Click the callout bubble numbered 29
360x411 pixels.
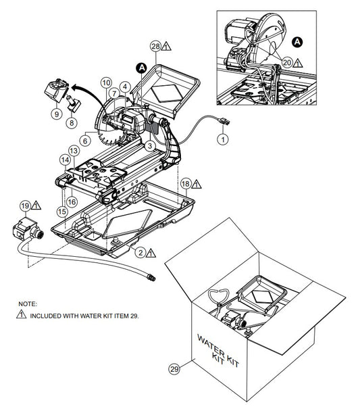coord(174,369)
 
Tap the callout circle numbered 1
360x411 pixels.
coord(223,139)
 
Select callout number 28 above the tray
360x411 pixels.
coord(156,47)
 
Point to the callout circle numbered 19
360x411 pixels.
coord(26,205)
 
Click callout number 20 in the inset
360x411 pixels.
coord(287,62)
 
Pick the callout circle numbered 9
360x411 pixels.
coord(57,114)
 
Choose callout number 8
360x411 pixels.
coord(72,122)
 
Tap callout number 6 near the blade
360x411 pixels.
coord(85,141)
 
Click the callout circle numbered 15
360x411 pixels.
coord(62,212)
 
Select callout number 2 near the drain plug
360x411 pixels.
coord(141,252)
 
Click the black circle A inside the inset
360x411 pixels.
coord(297,42)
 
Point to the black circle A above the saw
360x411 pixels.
coord(142,68)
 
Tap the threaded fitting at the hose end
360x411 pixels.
coord(152,277)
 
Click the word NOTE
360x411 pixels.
coord(28,304)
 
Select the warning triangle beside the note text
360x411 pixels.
coord(21,314)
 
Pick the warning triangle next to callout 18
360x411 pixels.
coord(197,185)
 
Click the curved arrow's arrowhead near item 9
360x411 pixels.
coord(75,87)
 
